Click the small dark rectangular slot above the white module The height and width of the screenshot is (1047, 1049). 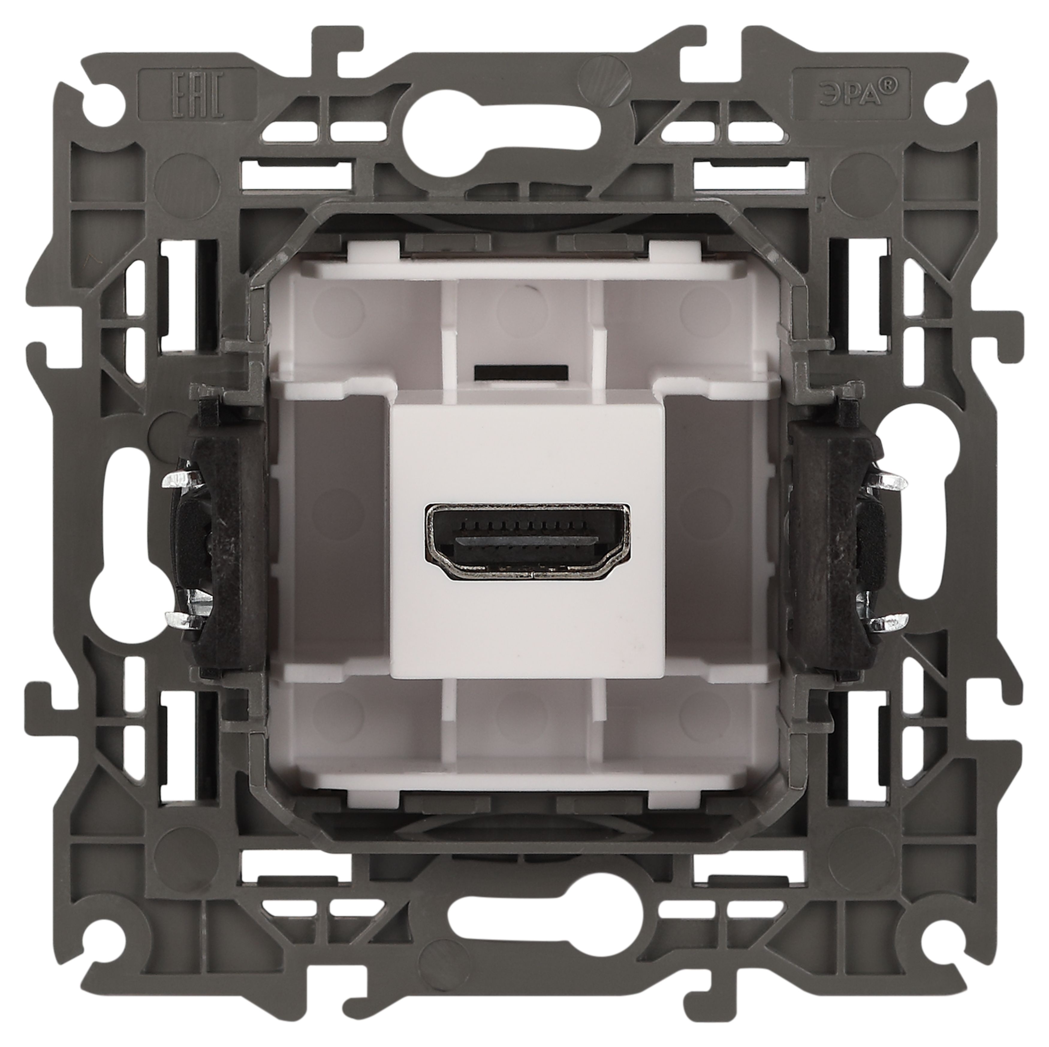(521, 372)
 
